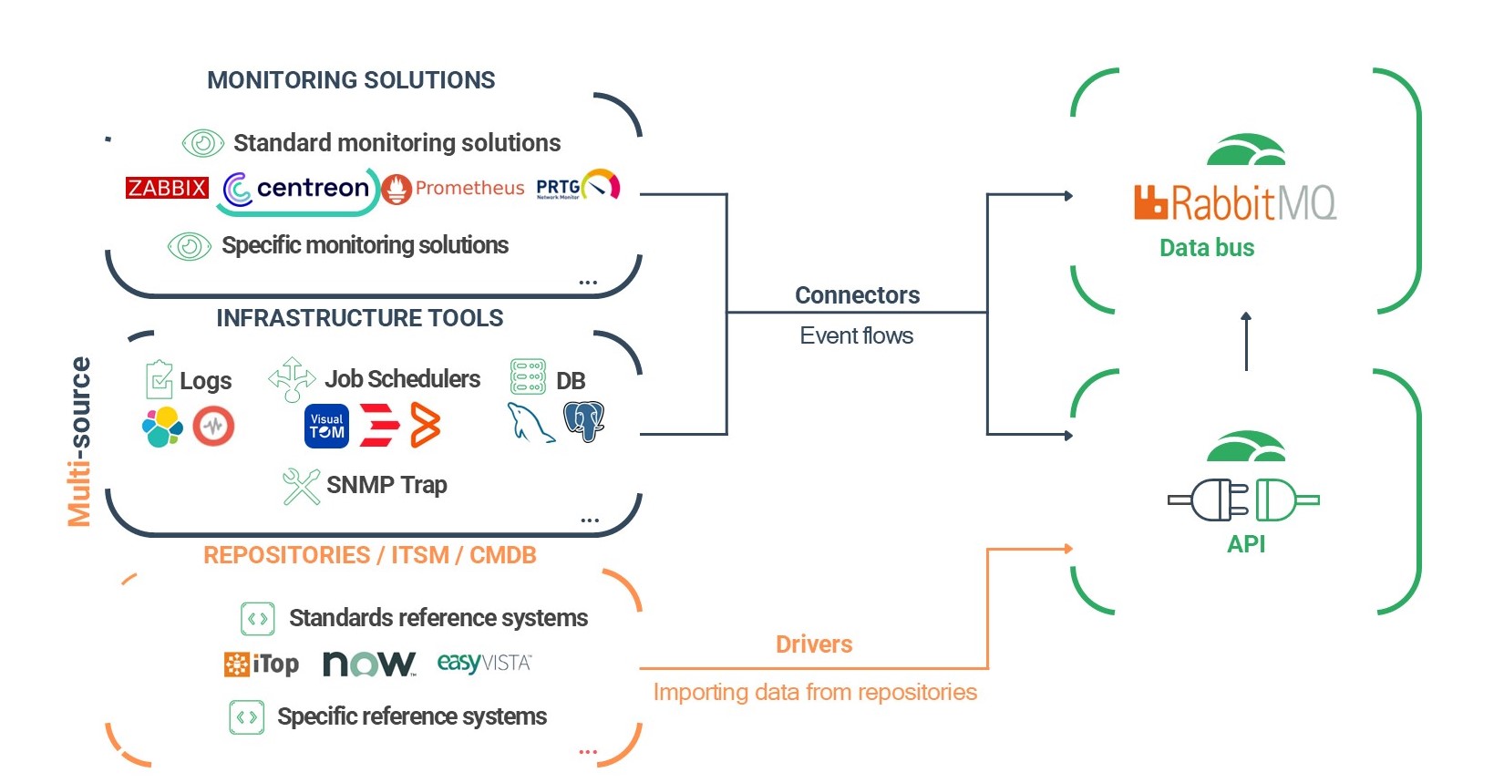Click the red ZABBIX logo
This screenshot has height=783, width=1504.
point(167,188)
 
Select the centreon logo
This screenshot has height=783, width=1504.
point(298,189)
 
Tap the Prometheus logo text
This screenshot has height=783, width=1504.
point(469,188)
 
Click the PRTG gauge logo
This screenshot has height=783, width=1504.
point(579,185)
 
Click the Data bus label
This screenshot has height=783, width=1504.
point(1206,248)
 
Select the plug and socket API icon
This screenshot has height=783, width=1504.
point(1243,500)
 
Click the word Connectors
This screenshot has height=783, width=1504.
point(857,295)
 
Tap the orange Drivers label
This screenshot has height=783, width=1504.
point(813,644)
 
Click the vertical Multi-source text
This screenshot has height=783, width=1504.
point(79,441)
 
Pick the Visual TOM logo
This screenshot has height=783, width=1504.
point(326,427)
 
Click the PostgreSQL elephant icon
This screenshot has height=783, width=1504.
point(583,421)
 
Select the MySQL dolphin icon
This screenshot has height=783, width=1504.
point(530,423)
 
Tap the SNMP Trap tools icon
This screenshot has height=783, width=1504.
point(300,486)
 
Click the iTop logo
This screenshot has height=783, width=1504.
point(262,664)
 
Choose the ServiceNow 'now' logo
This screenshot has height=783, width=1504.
point(369,664)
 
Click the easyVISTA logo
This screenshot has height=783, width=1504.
point(484,663)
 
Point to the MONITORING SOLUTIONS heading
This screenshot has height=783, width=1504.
point(351,80)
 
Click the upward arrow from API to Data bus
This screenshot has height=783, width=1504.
point(1246,341)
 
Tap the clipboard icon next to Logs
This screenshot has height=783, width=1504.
point(159,379)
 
